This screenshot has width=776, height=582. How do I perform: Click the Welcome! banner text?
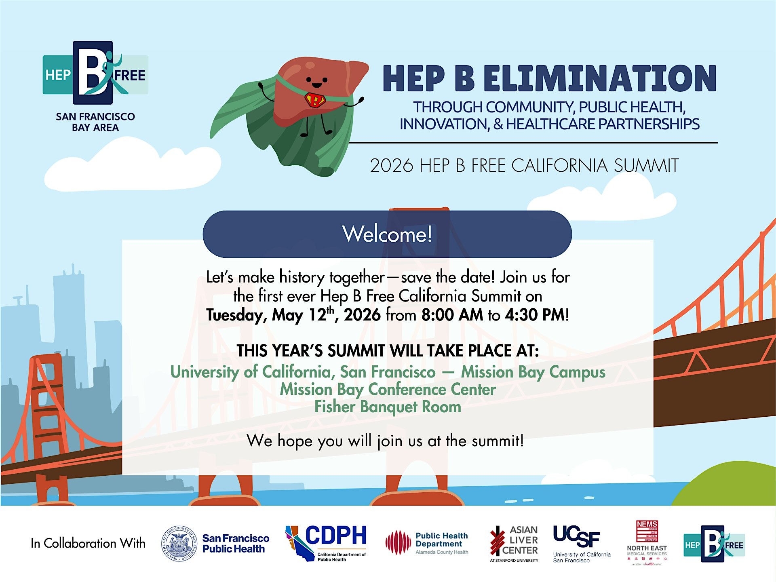pyautogui.click(x=387, y=234)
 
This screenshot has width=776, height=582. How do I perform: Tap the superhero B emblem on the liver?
pyautogui.click(x=315, y=99)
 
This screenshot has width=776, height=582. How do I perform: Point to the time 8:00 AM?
pyautogui.click(x=452, y=315)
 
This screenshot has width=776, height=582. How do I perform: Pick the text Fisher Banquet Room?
pyautogui.click(x=388, y=407)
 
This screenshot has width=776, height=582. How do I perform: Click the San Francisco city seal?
pyautogui.click(x=179, y=544)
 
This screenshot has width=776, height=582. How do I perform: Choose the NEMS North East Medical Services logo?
pyautogui.click(x=647, y=542)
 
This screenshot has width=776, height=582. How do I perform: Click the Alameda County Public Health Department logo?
pyautogui.click(x=427, y=543)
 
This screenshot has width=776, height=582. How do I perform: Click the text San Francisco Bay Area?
pyautogui.click(x=95, y=122)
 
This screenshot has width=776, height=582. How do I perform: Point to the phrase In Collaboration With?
pyautogui.click(x=88, y=543)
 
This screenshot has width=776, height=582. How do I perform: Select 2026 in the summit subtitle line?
pyautogui.click(x=391, y=166)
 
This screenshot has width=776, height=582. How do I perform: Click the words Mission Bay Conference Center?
pyautogui.click(x=388, y=390)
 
